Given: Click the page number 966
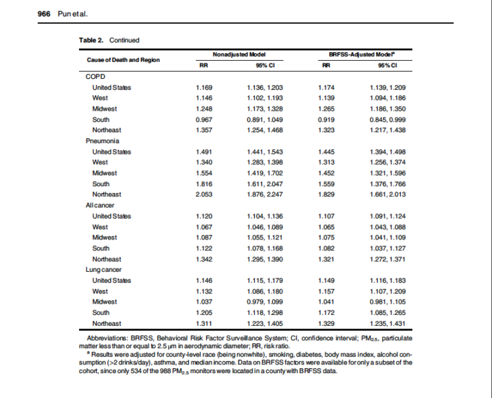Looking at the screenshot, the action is [x=44, y=14].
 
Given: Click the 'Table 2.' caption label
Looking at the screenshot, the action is [x=91, y=40].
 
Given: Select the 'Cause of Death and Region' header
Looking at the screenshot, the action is [x=123, y=60].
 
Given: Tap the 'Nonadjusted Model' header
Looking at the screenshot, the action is [x=239, y=55].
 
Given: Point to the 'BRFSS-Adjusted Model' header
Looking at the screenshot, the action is [x=362, y=55].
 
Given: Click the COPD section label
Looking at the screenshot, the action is [x=95, y=77].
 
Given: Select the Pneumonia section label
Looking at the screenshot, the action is [x=102, y=141].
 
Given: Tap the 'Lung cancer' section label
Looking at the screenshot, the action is [x=103, y=270].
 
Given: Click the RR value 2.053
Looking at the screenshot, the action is [x=204, y=194].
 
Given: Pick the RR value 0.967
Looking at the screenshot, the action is [x=204, y=119].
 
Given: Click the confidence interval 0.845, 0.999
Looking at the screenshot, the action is [x=387, y=119].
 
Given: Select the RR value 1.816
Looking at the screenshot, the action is [x=204, y=183].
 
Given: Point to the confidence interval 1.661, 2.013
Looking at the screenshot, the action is [x=387, y=194].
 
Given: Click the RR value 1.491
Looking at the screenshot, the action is [x=204, y=152].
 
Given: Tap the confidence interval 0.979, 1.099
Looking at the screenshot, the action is [x=265, y=302].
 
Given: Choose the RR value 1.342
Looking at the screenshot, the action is [x=204, y=259].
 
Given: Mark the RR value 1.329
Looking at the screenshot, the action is [x=326, y=324].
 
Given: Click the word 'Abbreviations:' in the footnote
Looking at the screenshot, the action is [x=107, y=338].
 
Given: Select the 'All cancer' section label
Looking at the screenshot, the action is [x=100, y=206].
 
